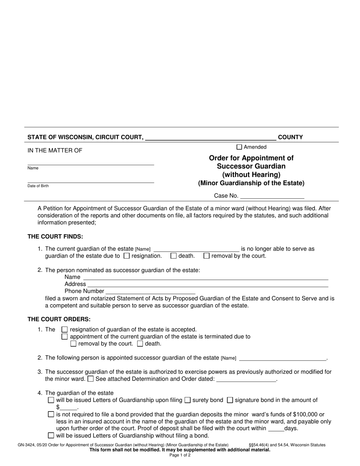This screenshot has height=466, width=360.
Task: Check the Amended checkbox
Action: coord(239,147)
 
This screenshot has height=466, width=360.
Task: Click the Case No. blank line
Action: coord(272,196)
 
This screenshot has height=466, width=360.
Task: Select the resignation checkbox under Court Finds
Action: coord(127,256)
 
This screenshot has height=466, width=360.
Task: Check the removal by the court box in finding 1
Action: coord(207,256)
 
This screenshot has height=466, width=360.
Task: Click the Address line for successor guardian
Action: coord(208,284)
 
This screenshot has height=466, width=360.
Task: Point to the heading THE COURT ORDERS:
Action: coord(59,319)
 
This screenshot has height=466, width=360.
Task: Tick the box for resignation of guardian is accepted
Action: coord(64,330)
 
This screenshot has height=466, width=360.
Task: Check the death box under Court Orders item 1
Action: coord(140,344)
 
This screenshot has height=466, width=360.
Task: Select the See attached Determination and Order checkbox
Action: coord(91,379)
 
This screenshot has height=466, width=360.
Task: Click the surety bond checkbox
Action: coord(187,400)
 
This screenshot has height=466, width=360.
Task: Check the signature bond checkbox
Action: coord(230,400)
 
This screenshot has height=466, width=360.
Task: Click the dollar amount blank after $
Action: coord(69,408)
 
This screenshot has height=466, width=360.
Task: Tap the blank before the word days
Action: coord(276,429)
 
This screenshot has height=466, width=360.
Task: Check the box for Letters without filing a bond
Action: coord(51,436)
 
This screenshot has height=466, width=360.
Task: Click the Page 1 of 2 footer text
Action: coord(180,455)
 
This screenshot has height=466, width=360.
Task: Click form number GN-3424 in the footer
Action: coord(24,445)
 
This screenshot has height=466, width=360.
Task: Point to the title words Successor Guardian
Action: coord(251,166)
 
